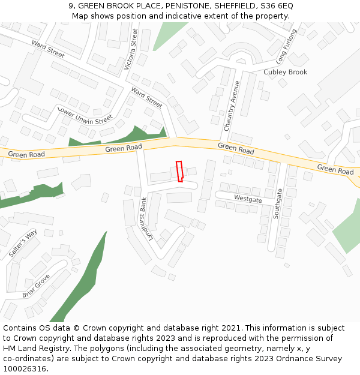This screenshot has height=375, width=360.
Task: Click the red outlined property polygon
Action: [179, 171]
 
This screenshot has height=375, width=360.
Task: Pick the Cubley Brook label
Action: [286, 72]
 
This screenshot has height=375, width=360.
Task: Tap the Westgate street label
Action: [248, 198]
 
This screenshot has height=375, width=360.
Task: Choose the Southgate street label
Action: [279, 203]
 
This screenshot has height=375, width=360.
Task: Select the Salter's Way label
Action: [23, 243]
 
